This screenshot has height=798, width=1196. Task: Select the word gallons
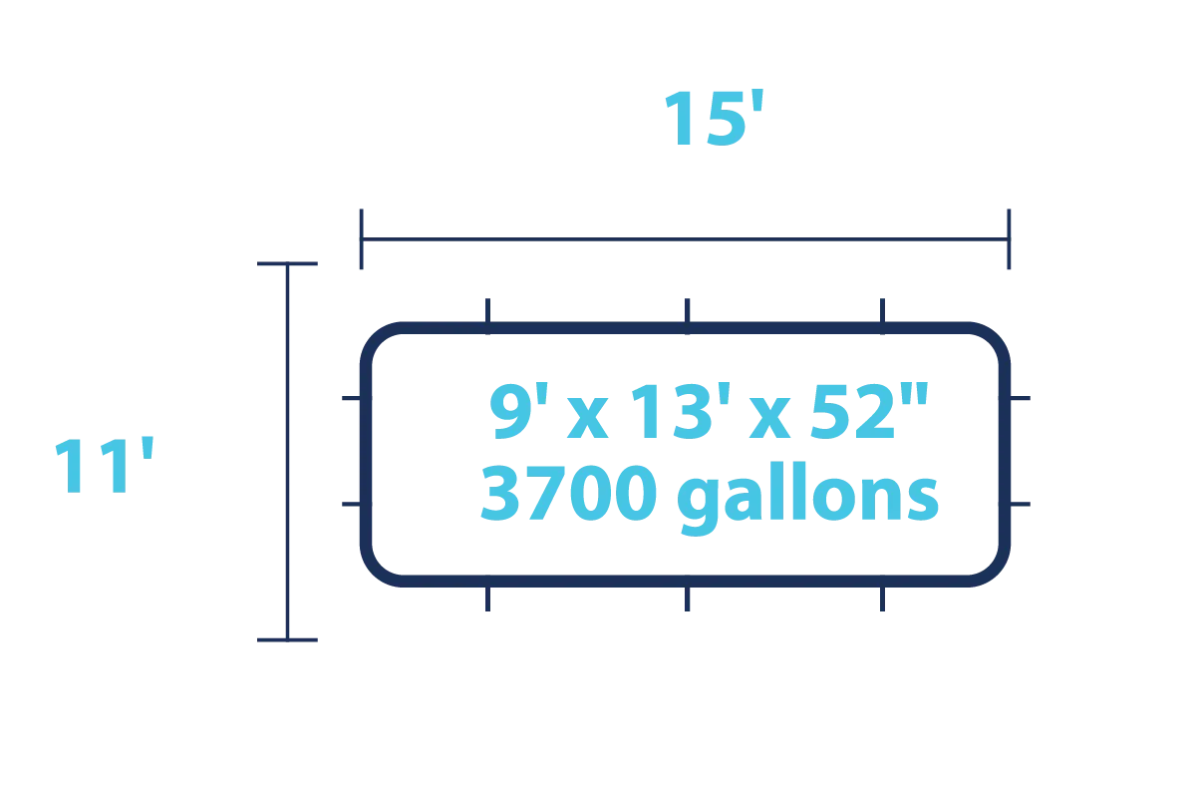[x=806, y=499]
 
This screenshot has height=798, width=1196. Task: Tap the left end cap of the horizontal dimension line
[x=363, y=238]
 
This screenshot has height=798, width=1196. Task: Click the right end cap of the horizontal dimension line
[x=1009, y=238]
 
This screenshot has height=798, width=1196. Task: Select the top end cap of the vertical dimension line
[x=287, y=263]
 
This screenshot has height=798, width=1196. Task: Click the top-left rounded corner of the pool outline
[x=377, y=337]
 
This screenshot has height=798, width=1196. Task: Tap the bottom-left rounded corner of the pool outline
[x=377, y=573]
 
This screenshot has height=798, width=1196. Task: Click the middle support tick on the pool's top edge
[x=685, y=308]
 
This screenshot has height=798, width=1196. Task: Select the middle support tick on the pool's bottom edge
[x=685, y=600]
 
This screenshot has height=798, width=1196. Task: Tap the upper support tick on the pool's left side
[x=348, y=399]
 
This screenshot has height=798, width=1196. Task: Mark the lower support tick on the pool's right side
[x=1024, y=503]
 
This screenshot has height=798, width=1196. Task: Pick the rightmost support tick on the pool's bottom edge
[x=880, y=600]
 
